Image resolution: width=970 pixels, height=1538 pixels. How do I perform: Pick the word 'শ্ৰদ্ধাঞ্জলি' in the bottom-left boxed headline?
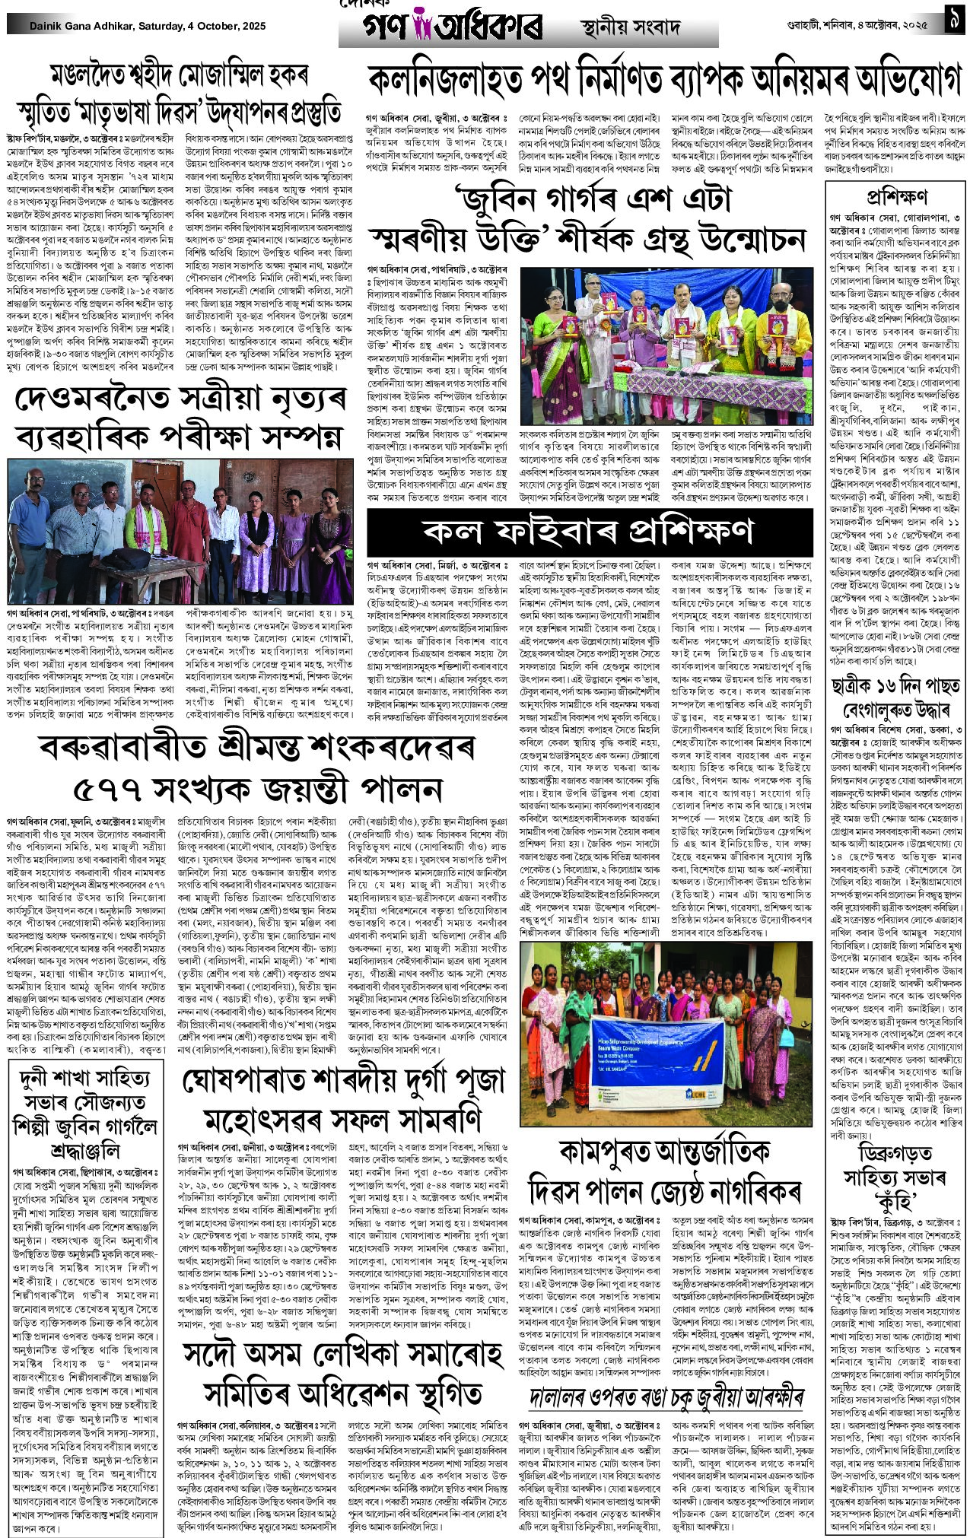(87, 1149)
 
